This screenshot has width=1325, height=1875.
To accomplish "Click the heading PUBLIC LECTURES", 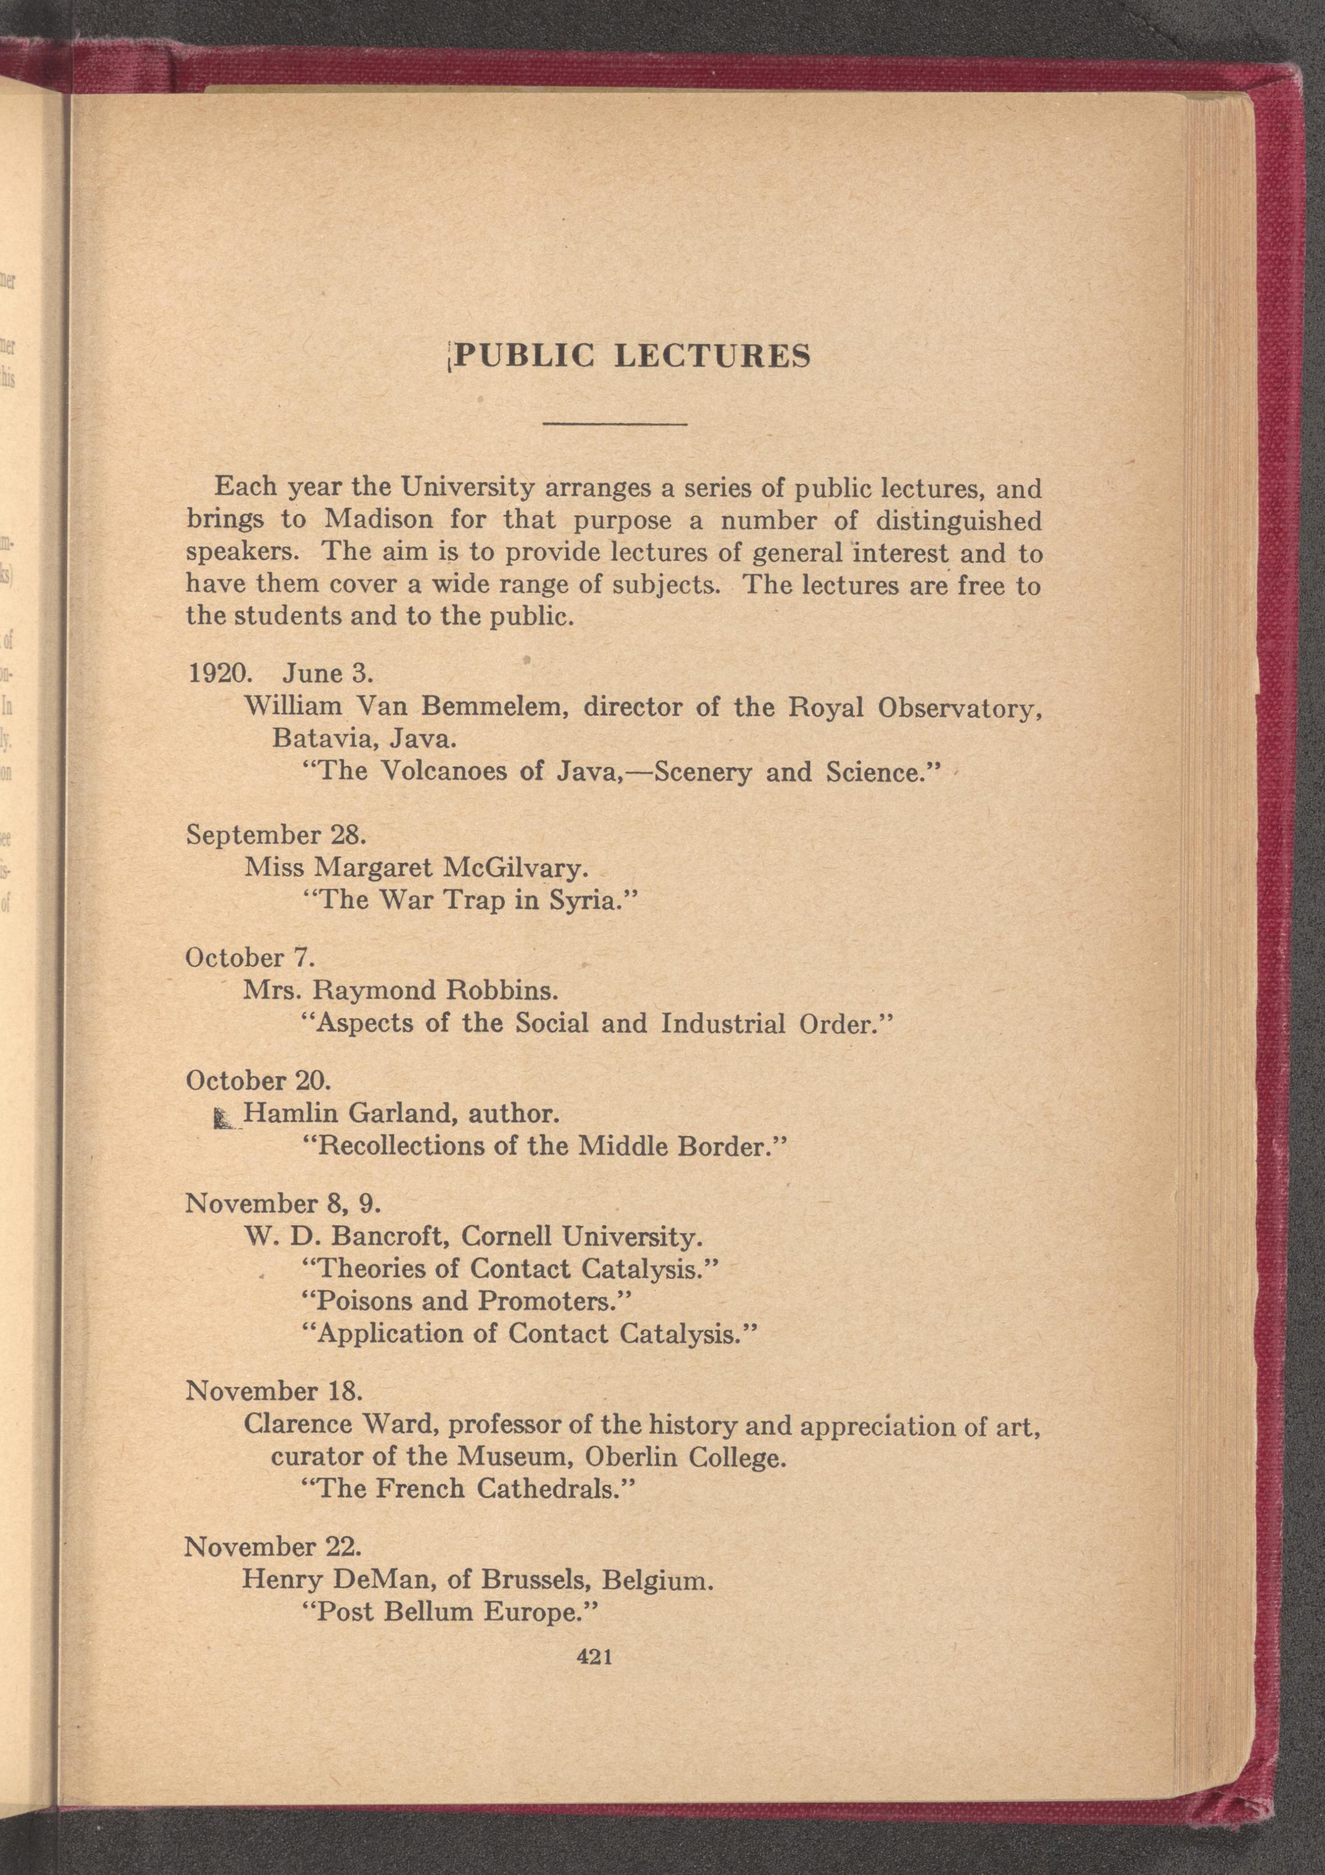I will (x=631, y=355).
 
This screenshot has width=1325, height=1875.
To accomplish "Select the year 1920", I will (x=216, y=674).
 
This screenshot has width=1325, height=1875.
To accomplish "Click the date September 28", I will (x=276, y=835).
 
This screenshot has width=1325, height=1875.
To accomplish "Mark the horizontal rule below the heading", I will (x=615, y=424).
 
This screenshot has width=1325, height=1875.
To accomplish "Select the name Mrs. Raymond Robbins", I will (x=400, y=991).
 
